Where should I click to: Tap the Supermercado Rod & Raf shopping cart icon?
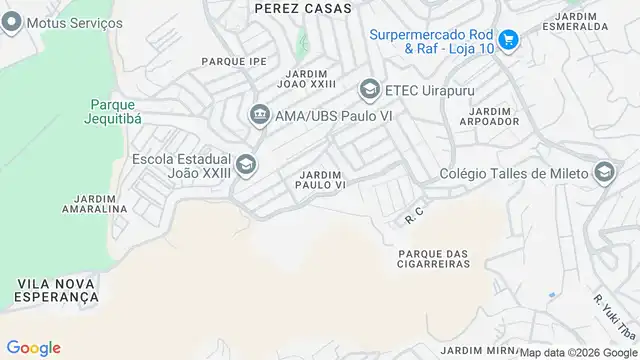(x=509, y=39)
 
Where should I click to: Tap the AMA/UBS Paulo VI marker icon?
(x=259, y=114)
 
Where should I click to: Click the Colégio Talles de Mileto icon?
(x=603, y=174)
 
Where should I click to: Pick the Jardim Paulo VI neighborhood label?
(x=322, y=180)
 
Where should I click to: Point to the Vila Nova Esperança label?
(x=56, y=291)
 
